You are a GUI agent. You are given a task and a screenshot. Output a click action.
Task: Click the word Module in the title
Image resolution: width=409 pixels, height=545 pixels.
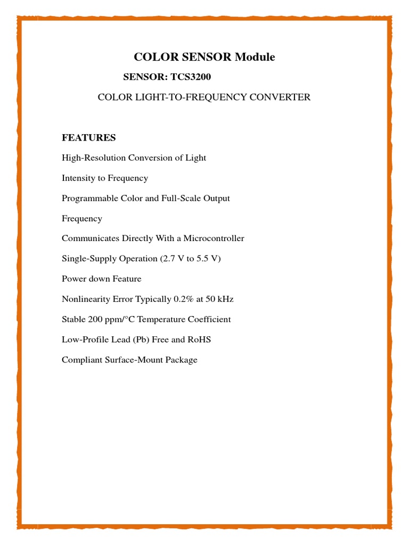tap(255, 57)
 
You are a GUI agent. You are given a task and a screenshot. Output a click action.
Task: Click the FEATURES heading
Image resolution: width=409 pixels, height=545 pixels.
tap(89, 138)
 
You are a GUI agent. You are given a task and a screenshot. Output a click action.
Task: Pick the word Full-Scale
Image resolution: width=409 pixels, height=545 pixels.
tap(177, 199)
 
